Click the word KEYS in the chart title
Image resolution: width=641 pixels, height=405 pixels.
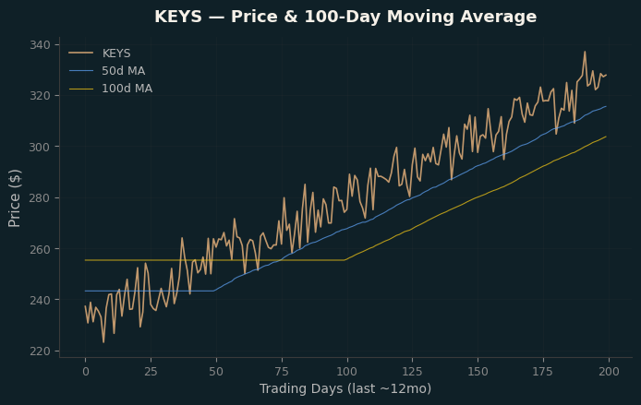click(178, 17)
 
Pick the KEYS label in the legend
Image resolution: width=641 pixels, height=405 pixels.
click(116, 54)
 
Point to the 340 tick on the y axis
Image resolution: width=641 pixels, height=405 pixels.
click(40, 44)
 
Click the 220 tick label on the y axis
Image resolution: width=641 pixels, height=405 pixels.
click(40, 351)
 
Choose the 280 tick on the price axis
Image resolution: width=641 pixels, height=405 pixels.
click(40, 197)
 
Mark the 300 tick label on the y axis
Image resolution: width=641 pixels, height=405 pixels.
click(40, 147)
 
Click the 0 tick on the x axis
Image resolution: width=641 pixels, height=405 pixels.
click(86, 372)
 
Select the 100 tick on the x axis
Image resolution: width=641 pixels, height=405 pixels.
click(347, 372)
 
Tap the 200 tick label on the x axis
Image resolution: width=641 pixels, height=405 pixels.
click(609, 372)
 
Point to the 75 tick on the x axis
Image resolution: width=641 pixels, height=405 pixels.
click(282, 372)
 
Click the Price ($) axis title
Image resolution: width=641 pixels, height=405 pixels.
click(14, 198)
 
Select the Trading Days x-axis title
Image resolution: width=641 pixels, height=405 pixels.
click(345, 388)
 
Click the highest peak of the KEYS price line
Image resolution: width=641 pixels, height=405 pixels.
click(585, 52)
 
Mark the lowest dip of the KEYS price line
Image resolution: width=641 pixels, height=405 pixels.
click(103, 342)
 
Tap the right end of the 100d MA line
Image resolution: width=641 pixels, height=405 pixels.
click(606, 137)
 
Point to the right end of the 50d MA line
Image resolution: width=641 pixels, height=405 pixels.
click(606, 107)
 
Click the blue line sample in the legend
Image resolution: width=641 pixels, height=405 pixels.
click(81, 71)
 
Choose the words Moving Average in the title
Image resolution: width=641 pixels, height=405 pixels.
click(462, 17)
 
